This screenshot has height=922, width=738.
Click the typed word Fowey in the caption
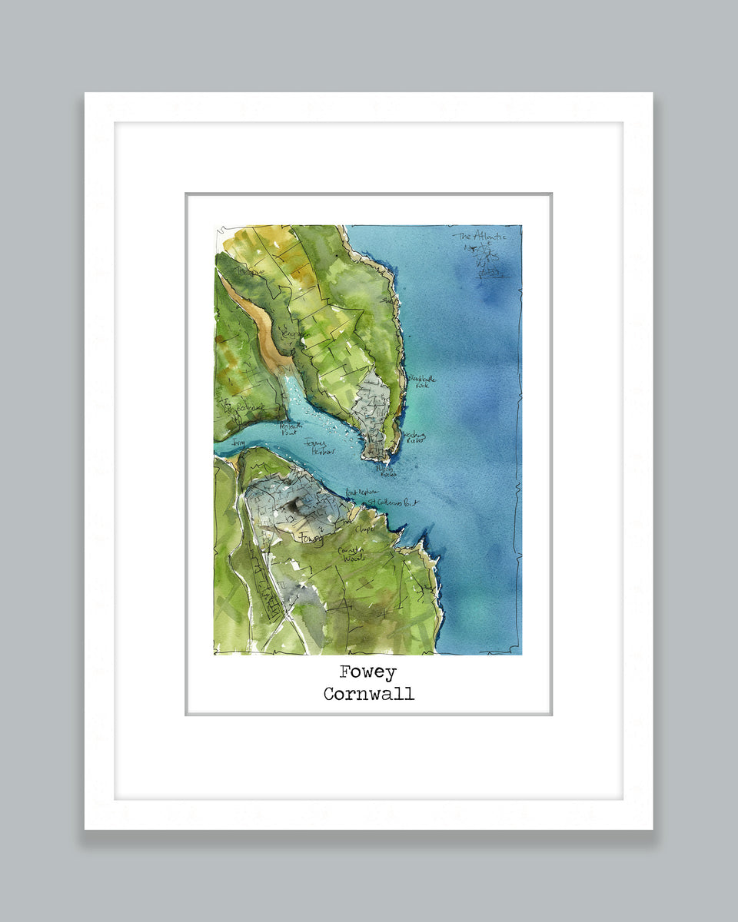coord(368,672)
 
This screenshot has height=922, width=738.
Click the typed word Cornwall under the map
coord(368,694)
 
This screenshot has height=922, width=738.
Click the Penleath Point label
coord(291,428)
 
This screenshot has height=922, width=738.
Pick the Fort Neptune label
coord(362,491)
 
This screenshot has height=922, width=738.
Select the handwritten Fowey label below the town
coord(311,538)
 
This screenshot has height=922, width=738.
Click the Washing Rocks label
coord(414,437)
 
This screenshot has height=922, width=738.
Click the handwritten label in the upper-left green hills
coord(251,270)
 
